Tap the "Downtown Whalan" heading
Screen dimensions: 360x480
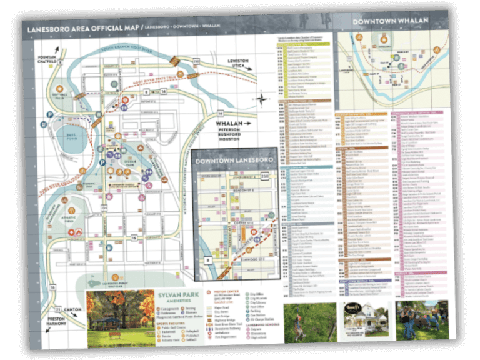384,22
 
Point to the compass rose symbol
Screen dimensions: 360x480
262,99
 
